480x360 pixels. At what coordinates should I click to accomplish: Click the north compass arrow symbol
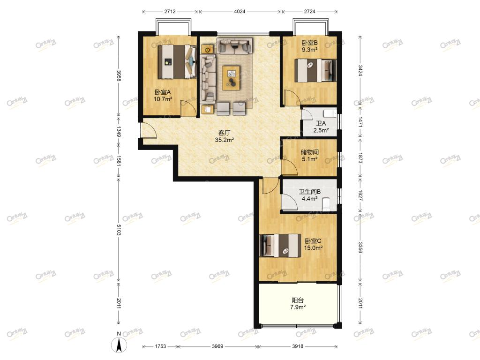click(x=119, y=345)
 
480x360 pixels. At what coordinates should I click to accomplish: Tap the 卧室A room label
click(x=163, y=92)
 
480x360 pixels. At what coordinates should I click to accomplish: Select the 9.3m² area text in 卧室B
click(x=309, y=50)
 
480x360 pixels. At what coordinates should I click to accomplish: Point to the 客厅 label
click(x=225, y=133)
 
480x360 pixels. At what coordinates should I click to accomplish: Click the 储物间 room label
click(x=309, y=152)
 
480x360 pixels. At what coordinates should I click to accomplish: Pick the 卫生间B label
click(x=309, y=192)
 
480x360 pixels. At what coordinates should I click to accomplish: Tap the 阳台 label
click(x=298, y=300)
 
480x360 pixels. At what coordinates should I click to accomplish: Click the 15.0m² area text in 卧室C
click(x=313, y=248)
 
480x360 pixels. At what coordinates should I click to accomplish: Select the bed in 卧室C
click(x=280, y=246)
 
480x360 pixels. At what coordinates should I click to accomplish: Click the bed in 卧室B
click(x=315, y=70)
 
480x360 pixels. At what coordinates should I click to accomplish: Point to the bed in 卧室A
click(x=177, y=61)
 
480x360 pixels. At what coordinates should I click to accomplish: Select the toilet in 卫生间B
click(x=326, y=204)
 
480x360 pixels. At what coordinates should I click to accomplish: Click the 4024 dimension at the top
click(x=240, y=12)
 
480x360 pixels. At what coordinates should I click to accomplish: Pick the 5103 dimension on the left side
click(x=119, y=228)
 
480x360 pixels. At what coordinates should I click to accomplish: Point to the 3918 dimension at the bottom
click(x=298, y=346)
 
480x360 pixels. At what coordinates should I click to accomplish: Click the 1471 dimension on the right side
click(x=360, y=122)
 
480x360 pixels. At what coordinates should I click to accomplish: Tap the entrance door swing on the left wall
click(x=149, y=130)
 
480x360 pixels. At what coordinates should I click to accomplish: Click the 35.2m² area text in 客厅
click(x=225, y=140)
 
